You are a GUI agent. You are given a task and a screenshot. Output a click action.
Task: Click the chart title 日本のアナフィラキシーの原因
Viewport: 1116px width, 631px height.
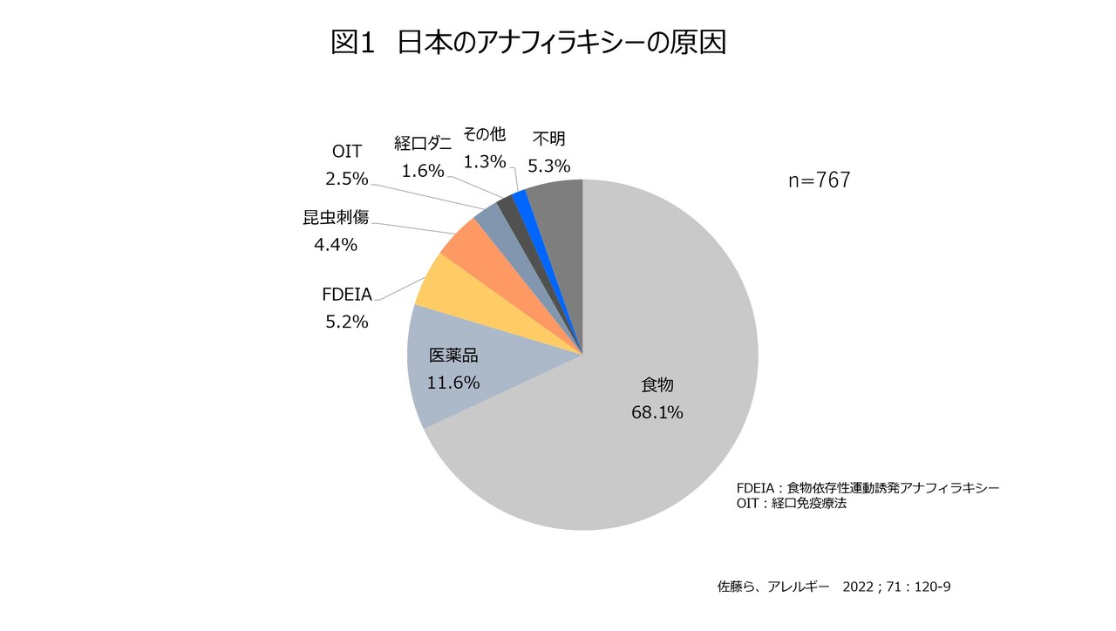[x=561, y=43]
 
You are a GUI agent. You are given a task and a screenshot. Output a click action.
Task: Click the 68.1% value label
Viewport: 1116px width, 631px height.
[x=657, y=412]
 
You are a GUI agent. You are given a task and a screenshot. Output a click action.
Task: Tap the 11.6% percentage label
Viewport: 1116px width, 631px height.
[x=453, y=383]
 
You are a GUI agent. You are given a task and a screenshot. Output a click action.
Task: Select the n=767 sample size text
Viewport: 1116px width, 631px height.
[x=819, y=181]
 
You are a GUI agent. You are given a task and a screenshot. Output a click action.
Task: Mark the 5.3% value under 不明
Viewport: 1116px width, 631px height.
[x=548, y=165]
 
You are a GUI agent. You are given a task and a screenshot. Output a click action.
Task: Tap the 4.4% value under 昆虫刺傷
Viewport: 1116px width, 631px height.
[x=336, y=245]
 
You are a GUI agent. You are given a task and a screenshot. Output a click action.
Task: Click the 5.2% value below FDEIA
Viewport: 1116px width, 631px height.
[x=346, y=322]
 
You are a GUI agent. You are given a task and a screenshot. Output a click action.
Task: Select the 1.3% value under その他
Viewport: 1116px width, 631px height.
[x=485, y=161]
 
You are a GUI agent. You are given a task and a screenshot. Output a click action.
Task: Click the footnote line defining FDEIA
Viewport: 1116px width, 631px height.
[x=867, y=487]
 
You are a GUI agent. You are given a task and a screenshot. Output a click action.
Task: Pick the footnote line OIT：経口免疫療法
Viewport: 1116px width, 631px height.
[x=792, y=503]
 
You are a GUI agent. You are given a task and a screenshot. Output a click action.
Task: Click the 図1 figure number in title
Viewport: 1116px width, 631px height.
[x=352, y=43]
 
